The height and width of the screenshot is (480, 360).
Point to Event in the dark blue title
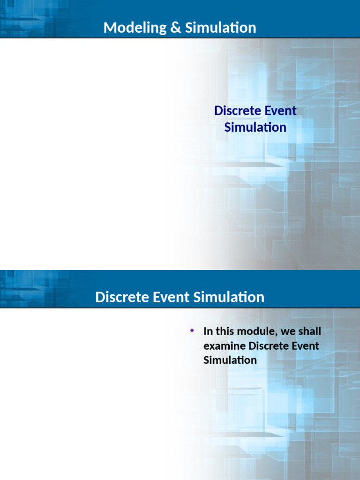[x=279, y=111]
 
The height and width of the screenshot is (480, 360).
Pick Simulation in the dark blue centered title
[x=255, y=127]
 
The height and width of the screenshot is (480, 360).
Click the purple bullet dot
[x=192, y=330]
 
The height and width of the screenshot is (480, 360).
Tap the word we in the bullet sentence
[x=288, y=332]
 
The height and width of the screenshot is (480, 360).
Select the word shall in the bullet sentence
[x=310, y=331]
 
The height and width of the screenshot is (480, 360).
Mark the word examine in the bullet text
[x=225, y=346]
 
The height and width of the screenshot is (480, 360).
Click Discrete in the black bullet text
[x=267, y=346]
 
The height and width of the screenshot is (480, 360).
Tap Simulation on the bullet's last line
[x=230, y=360]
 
